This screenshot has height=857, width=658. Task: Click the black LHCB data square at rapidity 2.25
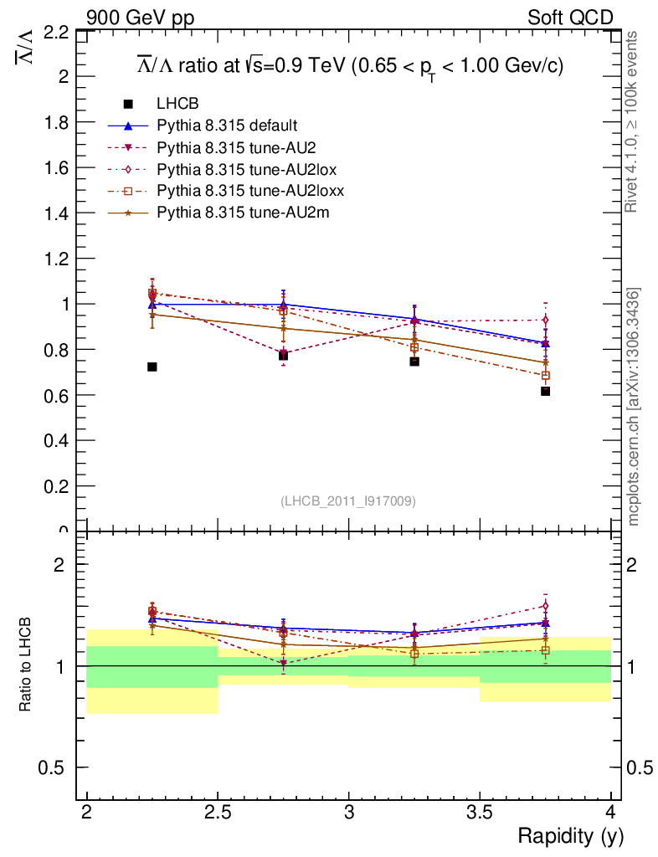pos(152,367)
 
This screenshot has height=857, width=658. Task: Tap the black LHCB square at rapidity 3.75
pos(545,391)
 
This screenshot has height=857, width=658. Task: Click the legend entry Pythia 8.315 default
pos(227,126)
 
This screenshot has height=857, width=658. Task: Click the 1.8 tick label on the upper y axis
pos(53,122)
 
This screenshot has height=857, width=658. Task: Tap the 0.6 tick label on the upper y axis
pos(53,395)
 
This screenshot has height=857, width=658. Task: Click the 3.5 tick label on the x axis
pos(480,812)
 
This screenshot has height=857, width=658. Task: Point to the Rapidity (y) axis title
pos(570,835)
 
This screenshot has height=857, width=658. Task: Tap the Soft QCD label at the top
pos(570,17)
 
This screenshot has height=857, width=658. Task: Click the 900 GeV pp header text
pos(139,17)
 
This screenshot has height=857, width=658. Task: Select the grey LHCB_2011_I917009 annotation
pos(348,500)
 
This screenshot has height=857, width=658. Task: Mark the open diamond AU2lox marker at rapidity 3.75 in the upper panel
pos(545,320)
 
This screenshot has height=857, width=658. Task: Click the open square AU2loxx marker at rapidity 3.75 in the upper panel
pos(545,375)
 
